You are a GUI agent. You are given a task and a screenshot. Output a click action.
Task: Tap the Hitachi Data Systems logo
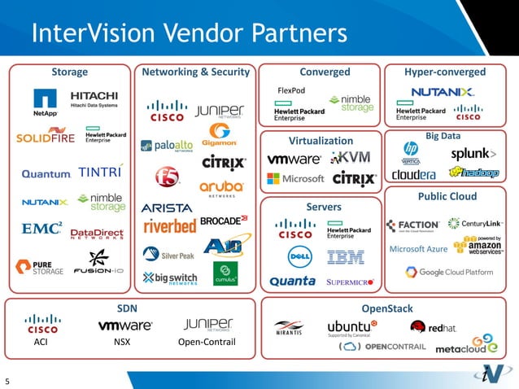point(94,99)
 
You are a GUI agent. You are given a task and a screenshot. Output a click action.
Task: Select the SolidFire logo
point(46,138)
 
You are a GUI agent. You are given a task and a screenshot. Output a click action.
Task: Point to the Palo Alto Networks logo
point(168,146)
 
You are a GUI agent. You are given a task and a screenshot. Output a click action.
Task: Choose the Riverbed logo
point(168,225)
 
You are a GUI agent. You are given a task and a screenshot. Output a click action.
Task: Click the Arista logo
point(167,208)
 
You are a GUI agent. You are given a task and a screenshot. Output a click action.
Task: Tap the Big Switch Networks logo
point(170,278)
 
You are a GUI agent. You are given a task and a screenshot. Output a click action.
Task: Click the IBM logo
point(346,257)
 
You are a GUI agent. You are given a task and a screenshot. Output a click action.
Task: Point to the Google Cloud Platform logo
point(456,272)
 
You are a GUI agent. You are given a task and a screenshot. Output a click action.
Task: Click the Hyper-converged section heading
point(444,72)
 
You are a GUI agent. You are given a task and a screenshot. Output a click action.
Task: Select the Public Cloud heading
point(447,197)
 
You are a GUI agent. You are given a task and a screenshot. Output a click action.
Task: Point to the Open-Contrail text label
point(206,342)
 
